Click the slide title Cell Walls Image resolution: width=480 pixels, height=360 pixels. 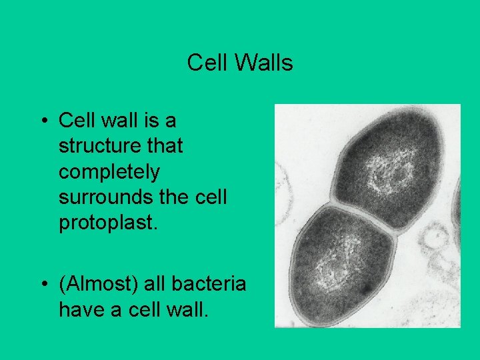[x=240, y=63]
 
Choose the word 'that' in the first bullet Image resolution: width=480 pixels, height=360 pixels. [x=165, y=146]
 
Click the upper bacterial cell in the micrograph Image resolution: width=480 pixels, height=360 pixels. [x=387, y=160]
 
